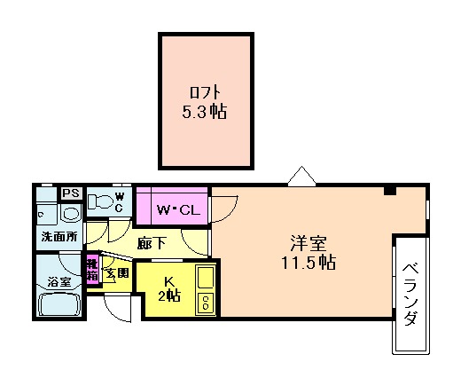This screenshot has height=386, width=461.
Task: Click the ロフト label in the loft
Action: (206, 92)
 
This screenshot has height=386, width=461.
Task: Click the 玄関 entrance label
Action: (117, 272)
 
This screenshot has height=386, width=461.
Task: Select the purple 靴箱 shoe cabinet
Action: (91, 269)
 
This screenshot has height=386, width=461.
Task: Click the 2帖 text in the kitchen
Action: (168, 296)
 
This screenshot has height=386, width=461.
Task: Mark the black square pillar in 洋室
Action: (389, 191)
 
